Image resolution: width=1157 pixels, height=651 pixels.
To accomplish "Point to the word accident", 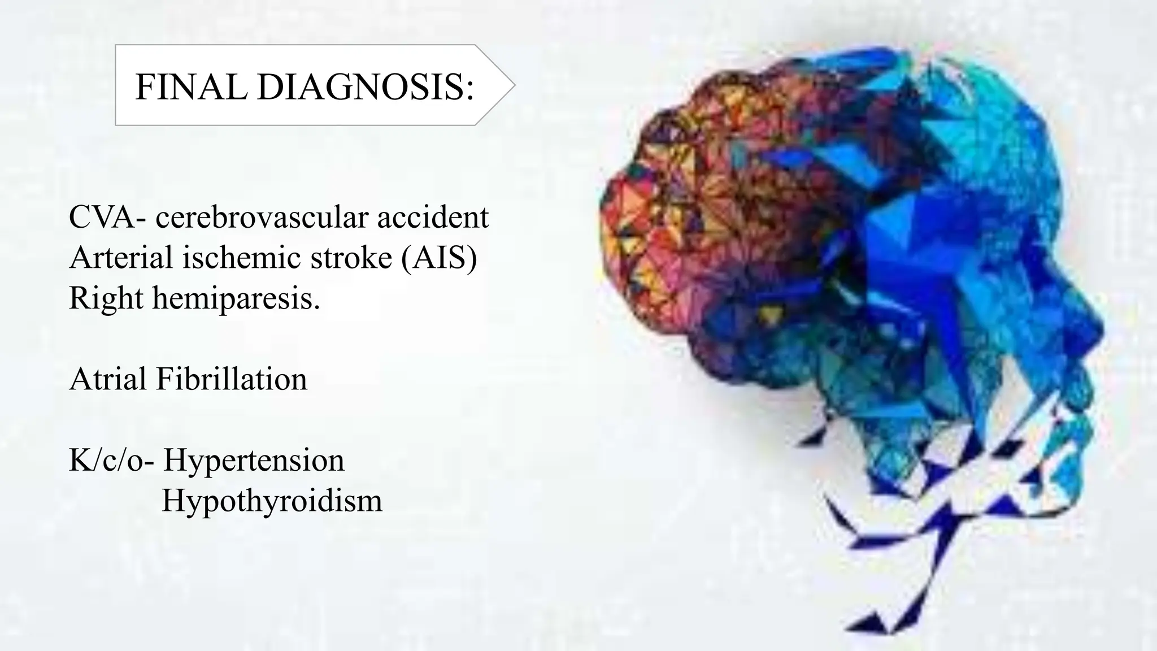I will pos(433,218).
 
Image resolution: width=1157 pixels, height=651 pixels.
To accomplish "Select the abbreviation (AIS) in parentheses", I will pos(440,258).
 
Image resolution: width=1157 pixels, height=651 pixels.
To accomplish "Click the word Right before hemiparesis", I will pos(106,298).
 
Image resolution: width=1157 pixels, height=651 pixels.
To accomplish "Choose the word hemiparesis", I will pos(236,298).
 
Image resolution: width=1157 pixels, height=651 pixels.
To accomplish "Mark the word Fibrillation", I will pos(232,379).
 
